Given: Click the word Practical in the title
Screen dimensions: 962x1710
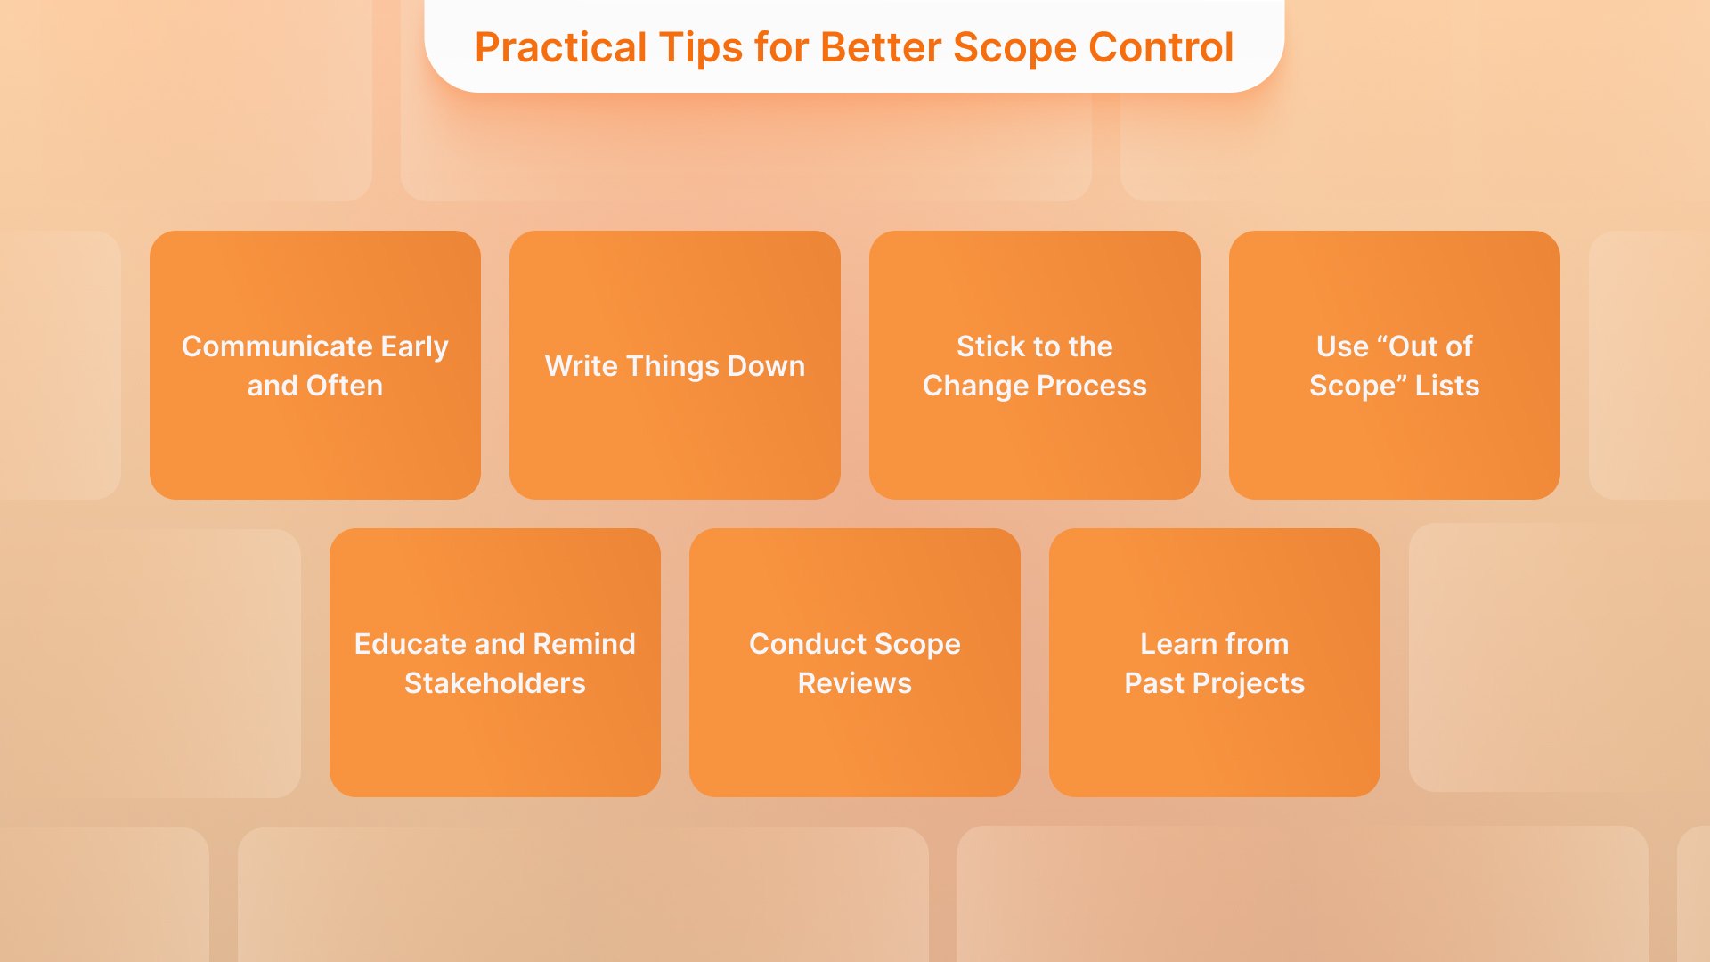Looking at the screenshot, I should point(560,48).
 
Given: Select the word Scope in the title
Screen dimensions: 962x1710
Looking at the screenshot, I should point(1014,48).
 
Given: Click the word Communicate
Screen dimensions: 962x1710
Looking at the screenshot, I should point(277,346).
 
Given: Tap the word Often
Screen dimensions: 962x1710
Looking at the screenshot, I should point(344,386).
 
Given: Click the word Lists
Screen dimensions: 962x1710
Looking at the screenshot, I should point(1446,386).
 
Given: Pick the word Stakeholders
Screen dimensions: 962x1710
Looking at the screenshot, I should point(494,683).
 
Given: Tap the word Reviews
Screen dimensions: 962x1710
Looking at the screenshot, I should point(854,683).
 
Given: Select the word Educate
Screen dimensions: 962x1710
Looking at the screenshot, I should point(411,644).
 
